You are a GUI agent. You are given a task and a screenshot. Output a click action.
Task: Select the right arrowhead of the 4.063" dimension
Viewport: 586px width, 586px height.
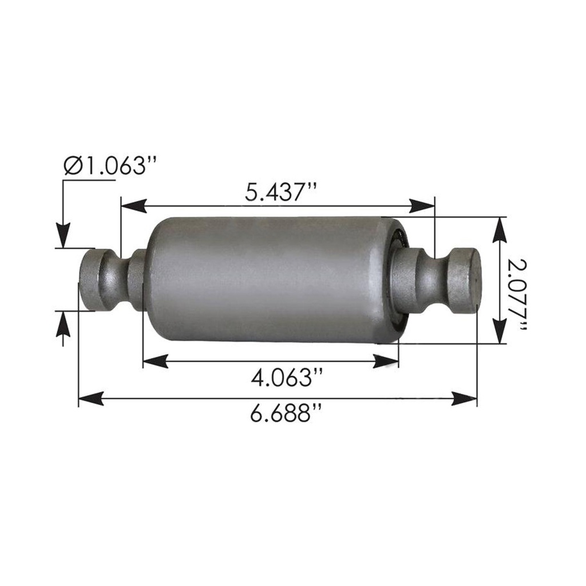click(x=386, y=361)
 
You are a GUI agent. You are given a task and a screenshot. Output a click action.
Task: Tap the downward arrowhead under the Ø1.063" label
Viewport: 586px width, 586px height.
click(x=63, y=235)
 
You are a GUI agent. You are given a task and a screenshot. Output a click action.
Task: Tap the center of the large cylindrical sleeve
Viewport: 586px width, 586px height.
click(x=269, y=279)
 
